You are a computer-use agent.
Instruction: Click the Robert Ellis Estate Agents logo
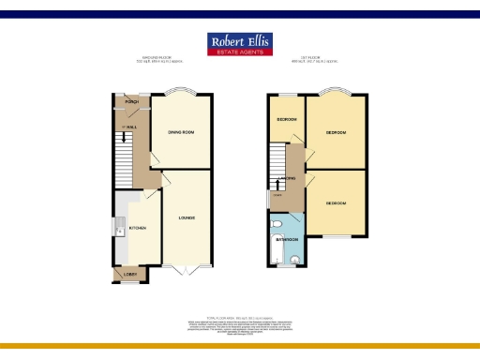pyautogui.click(x=239, y=45)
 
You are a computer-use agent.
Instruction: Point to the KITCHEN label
pyautogui.click(x=137, y=227)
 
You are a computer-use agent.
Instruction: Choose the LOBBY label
pyautogui.click(x=130, y=274)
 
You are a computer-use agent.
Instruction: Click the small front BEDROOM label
pyautogui.click(x=286, y=120)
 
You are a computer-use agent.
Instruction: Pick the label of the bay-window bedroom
pyautogui.click(x=336, y=132)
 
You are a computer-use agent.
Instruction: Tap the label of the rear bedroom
pyautogui.click(x=336, y=202)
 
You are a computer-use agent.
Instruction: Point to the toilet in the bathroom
pyautogui.click(x=293, y=260)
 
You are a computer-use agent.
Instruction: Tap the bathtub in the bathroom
pyautogui.click(x=273, y=241)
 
